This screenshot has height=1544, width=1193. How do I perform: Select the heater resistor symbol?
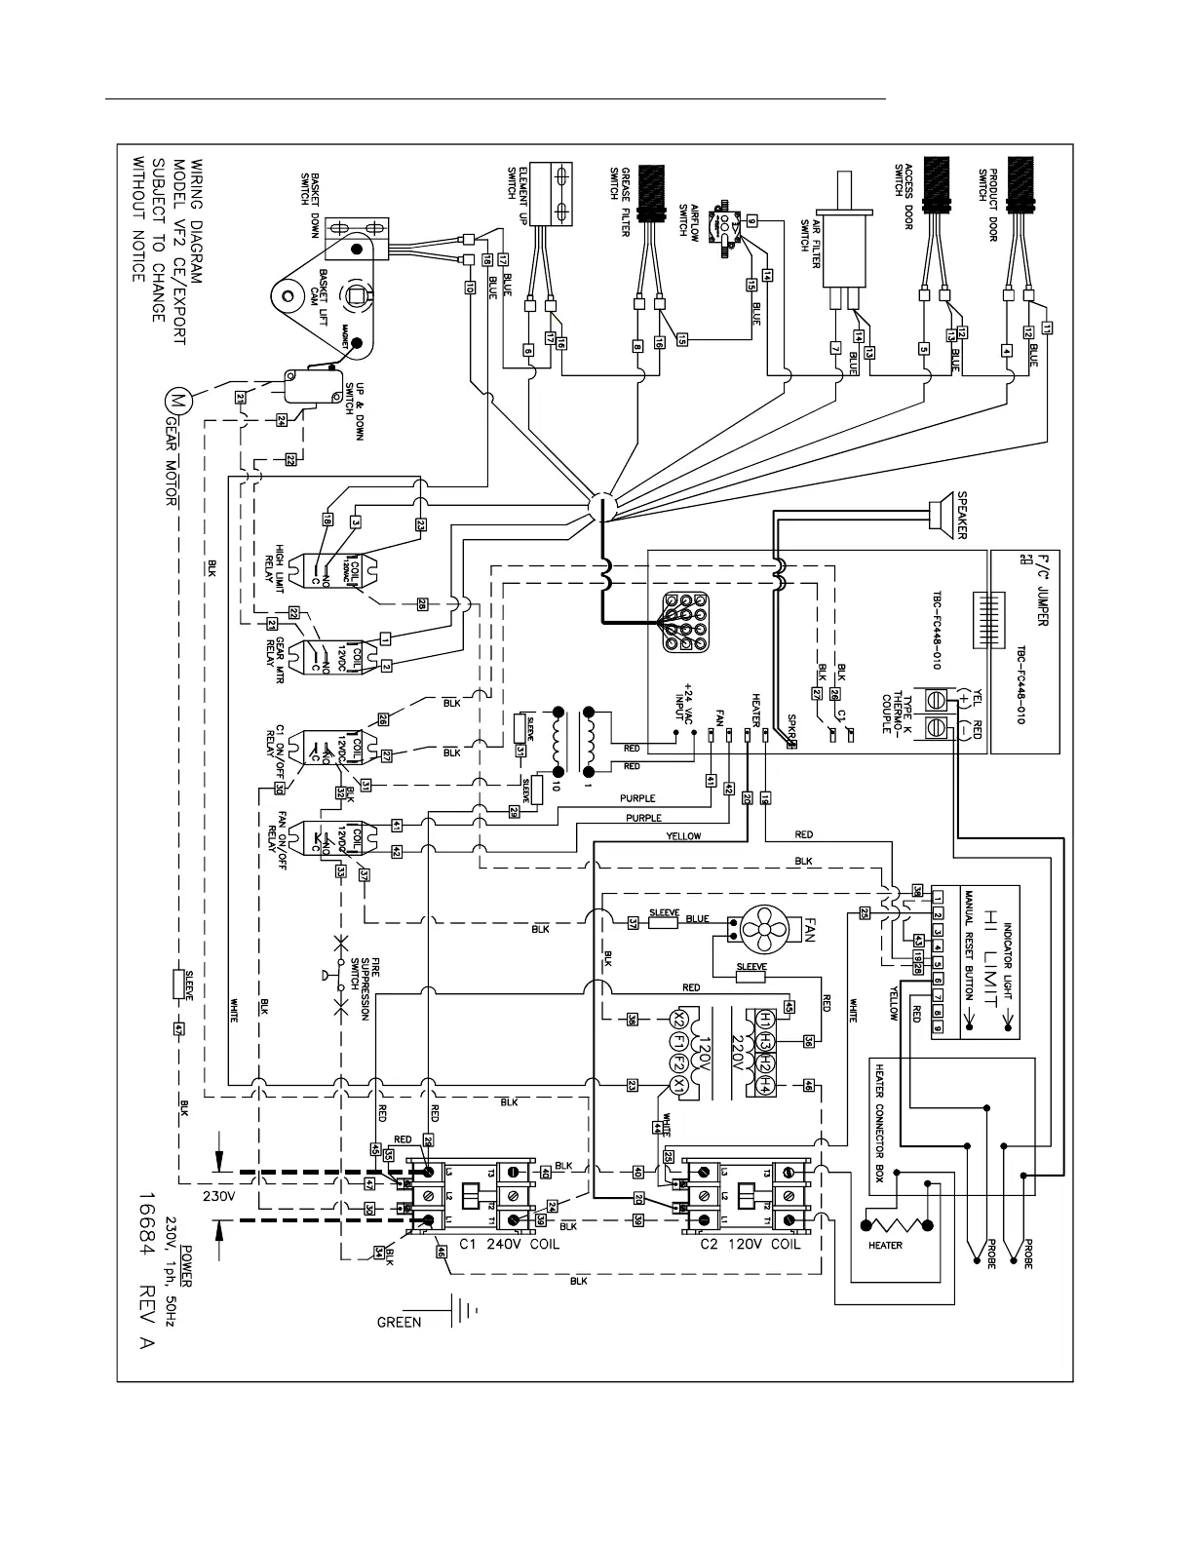pos(896,1224)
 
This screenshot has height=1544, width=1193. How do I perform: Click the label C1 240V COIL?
pos(498,1245)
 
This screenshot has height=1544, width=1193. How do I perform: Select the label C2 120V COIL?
pos(750,1245)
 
